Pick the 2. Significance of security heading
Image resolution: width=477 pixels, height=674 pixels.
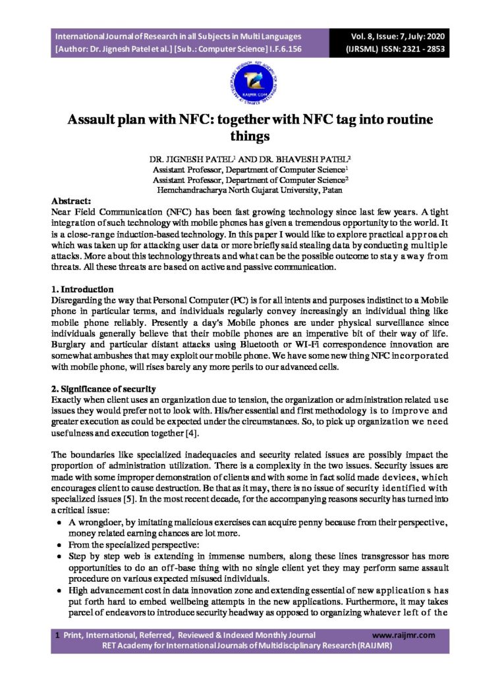click(103, 388)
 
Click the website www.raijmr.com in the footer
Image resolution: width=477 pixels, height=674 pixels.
click(403, 635)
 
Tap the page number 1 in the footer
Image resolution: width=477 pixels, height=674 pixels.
click(58, 635)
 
